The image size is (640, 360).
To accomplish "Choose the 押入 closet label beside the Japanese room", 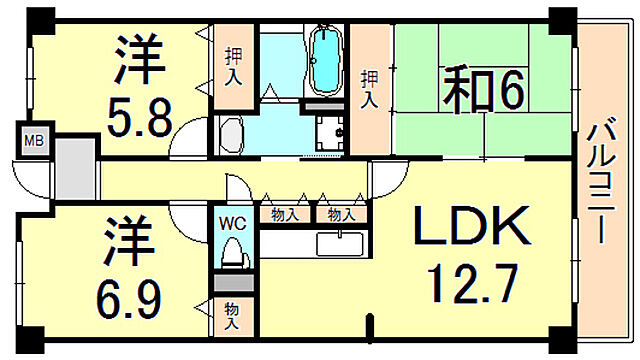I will pos(368,90).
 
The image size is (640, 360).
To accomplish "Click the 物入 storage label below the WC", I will pos(231,316).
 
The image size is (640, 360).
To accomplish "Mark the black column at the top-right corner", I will pos(563,17).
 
